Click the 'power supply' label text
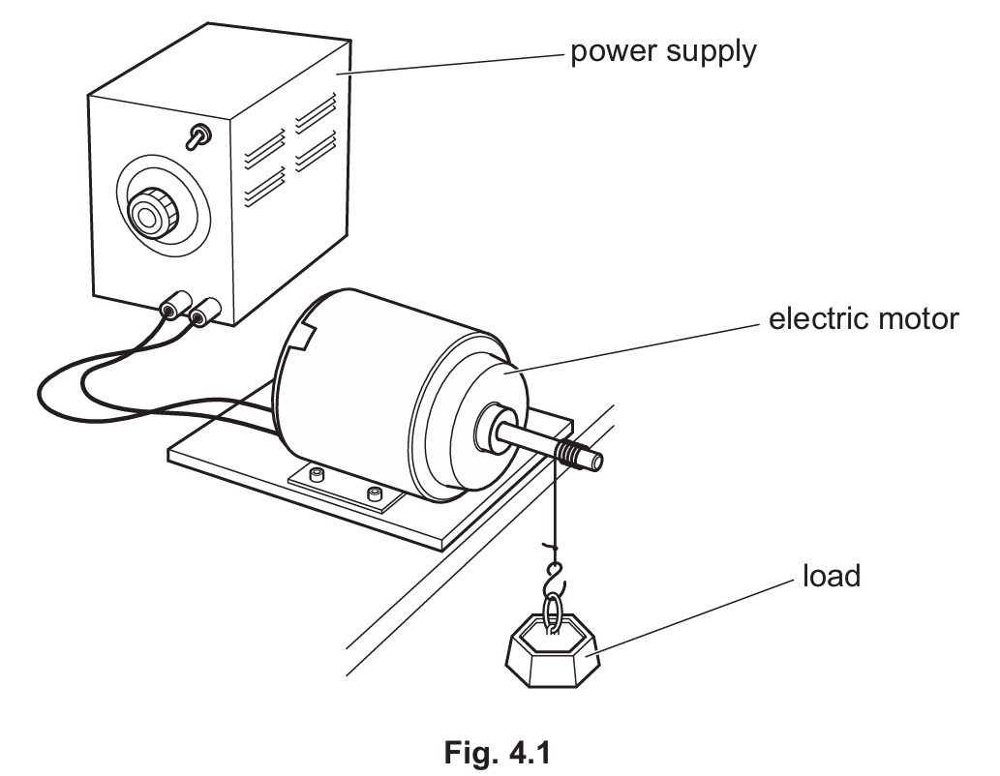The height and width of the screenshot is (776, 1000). (662, 50)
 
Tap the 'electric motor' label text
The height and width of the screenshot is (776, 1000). (864, 318)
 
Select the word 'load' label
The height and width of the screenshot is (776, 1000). (831, 577)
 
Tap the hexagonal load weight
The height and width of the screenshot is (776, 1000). (553, 653)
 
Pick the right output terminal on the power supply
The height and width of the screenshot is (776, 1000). (202, 315)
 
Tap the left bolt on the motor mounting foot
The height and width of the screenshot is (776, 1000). (315, 476)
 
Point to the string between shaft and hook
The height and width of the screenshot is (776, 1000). (555, 513)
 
